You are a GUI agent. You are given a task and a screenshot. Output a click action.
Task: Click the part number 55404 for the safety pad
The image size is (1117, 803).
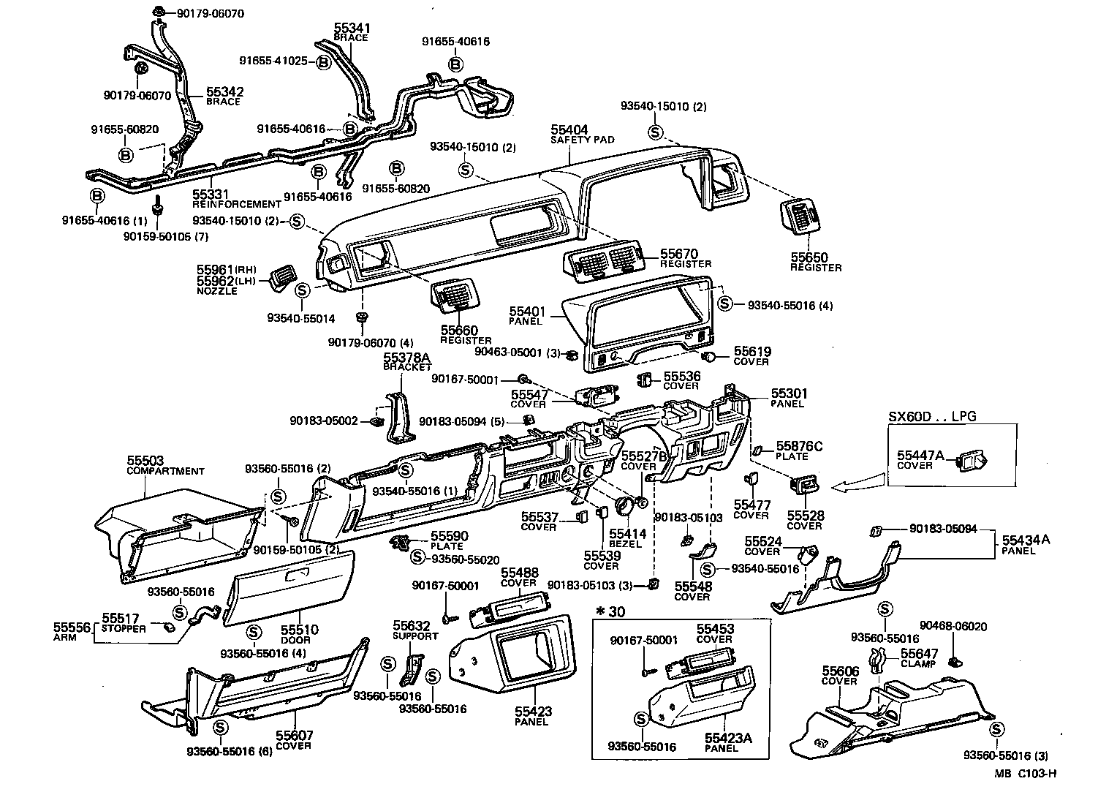(x=570, y=130)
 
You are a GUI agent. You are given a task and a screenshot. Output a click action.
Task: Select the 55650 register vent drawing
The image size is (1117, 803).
(x=803, y=217)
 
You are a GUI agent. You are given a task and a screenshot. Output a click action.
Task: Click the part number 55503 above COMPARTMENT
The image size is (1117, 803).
(x=146, y=461)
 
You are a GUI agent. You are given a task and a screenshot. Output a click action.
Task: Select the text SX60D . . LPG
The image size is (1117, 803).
(x=932, y=416)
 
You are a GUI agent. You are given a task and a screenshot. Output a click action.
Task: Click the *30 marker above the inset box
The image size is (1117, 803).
(x=606, y=611)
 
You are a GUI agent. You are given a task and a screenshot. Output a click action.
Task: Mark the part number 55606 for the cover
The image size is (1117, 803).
(x=838, y=671)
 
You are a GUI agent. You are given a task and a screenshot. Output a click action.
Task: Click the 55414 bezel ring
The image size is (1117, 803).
(x=626, y=506)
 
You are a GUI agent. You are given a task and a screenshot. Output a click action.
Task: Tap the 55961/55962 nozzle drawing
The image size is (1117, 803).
(x=282, y=277)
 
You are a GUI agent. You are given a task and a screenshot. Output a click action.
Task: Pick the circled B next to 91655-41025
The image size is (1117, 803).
(x=323, y=63)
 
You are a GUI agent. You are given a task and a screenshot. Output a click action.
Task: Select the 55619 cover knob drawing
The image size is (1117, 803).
(x=708, y=357)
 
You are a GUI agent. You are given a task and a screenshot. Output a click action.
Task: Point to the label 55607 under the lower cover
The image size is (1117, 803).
(x=295, y=735)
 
